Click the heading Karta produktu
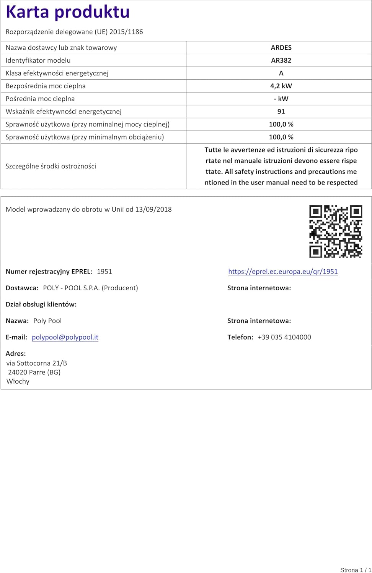68,12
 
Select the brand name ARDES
281,48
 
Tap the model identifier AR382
281,60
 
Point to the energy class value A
281,73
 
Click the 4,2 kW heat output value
281,86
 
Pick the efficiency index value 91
281,112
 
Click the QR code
336,231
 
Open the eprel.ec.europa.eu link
283,272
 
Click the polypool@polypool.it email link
65,337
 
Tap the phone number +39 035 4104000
284,337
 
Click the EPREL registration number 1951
104,272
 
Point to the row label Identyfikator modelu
38,60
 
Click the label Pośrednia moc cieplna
40,99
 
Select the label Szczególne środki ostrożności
51,166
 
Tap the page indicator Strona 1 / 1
356,570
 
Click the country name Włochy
18,381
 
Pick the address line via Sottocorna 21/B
37,363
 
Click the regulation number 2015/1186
126,32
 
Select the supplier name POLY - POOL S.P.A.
71,288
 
